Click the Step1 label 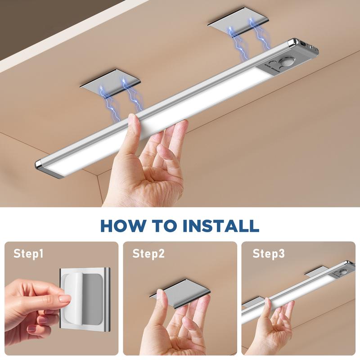28,254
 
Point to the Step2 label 148,254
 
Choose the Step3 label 268,254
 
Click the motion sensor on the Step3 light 343,272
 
